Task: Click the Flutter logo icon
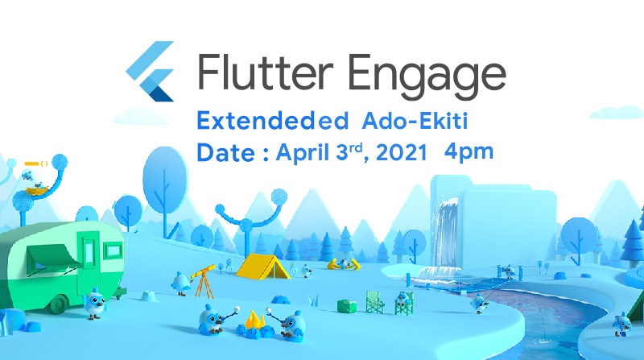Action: tap(151, 72)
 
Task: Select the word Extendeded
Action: tap(266, 122)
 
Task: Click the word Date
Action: tap(226, 152)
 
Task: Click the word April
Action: tap(305, 153)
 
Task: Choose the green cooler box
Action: tap(346, 305)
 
